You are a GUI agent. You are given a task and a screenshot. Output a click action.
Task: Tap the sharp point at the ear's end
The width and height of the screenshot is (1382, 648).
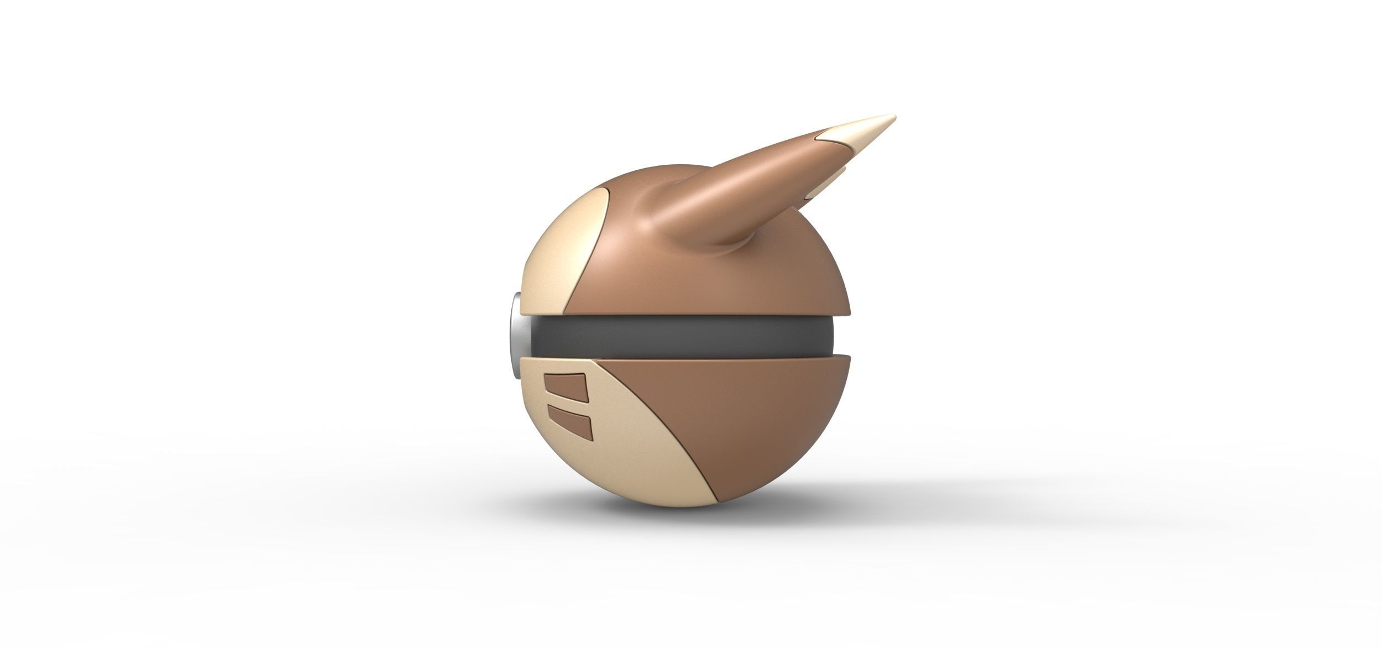(894, 116)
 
